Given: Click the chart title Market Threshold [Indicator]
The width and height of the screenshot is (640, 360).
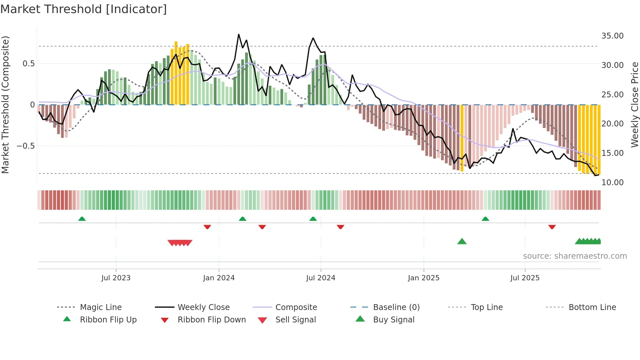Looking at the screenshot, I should pyautogui.click(x=84, y=9).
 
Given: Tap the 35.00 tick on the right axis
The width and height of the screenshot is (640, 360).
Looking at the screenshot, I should pyautogui.click(x=612, y=36).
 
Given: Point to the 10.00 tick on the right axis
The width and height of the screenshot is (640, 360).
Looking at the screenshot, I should pyautogui.click(x=612, y=182).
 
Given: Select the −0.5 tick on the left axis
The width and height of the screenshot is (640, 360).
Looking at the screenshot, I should pyautogui.click(x=25, y=146).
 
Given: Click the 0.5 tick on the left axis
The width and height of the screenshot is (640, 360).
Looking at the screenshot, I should pyautogui.click(x=28, y=64).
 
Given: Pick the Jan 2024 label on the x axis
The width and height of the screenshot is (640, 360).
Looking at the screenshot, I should pyautogui.click(x=219, y=278).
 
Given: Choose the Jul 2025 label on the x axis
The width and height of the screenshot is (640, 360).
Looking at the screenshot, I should pyautogui.click(x=525, y=278).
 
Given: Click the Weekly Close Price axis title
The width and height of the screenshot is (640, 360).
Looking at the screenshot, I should pyautogui.click(x=634, y=105).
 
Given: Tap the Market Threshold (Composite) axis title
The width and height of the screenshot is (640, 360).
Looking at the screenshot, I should pyautogui.click(x=5, y=105).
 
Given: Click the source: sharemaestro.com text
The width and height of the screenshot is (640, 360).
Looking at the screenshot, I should pyautogui.click(x=575, y=256).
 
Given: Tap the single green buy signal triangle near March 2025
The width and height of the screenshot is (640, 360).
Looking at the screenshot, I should pyautogui.click(x=462, y=241).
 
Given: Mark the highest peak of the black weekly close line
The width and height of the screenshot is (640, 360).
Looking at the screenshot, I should pyautogui.click(x=239, y=34).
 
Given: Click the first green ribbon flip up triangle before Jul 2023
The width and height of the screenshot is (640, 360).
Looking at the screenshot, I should pyautogui.click(x=82, y=219).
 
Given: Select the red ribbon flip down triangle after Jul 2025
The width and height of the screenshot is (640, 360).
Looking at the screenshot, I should pyautogui.click(x=552, y=227).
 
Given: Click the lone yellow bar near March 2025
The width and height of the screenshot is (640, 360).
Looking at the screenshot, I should pyautogui.click(x=462, y=137).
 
